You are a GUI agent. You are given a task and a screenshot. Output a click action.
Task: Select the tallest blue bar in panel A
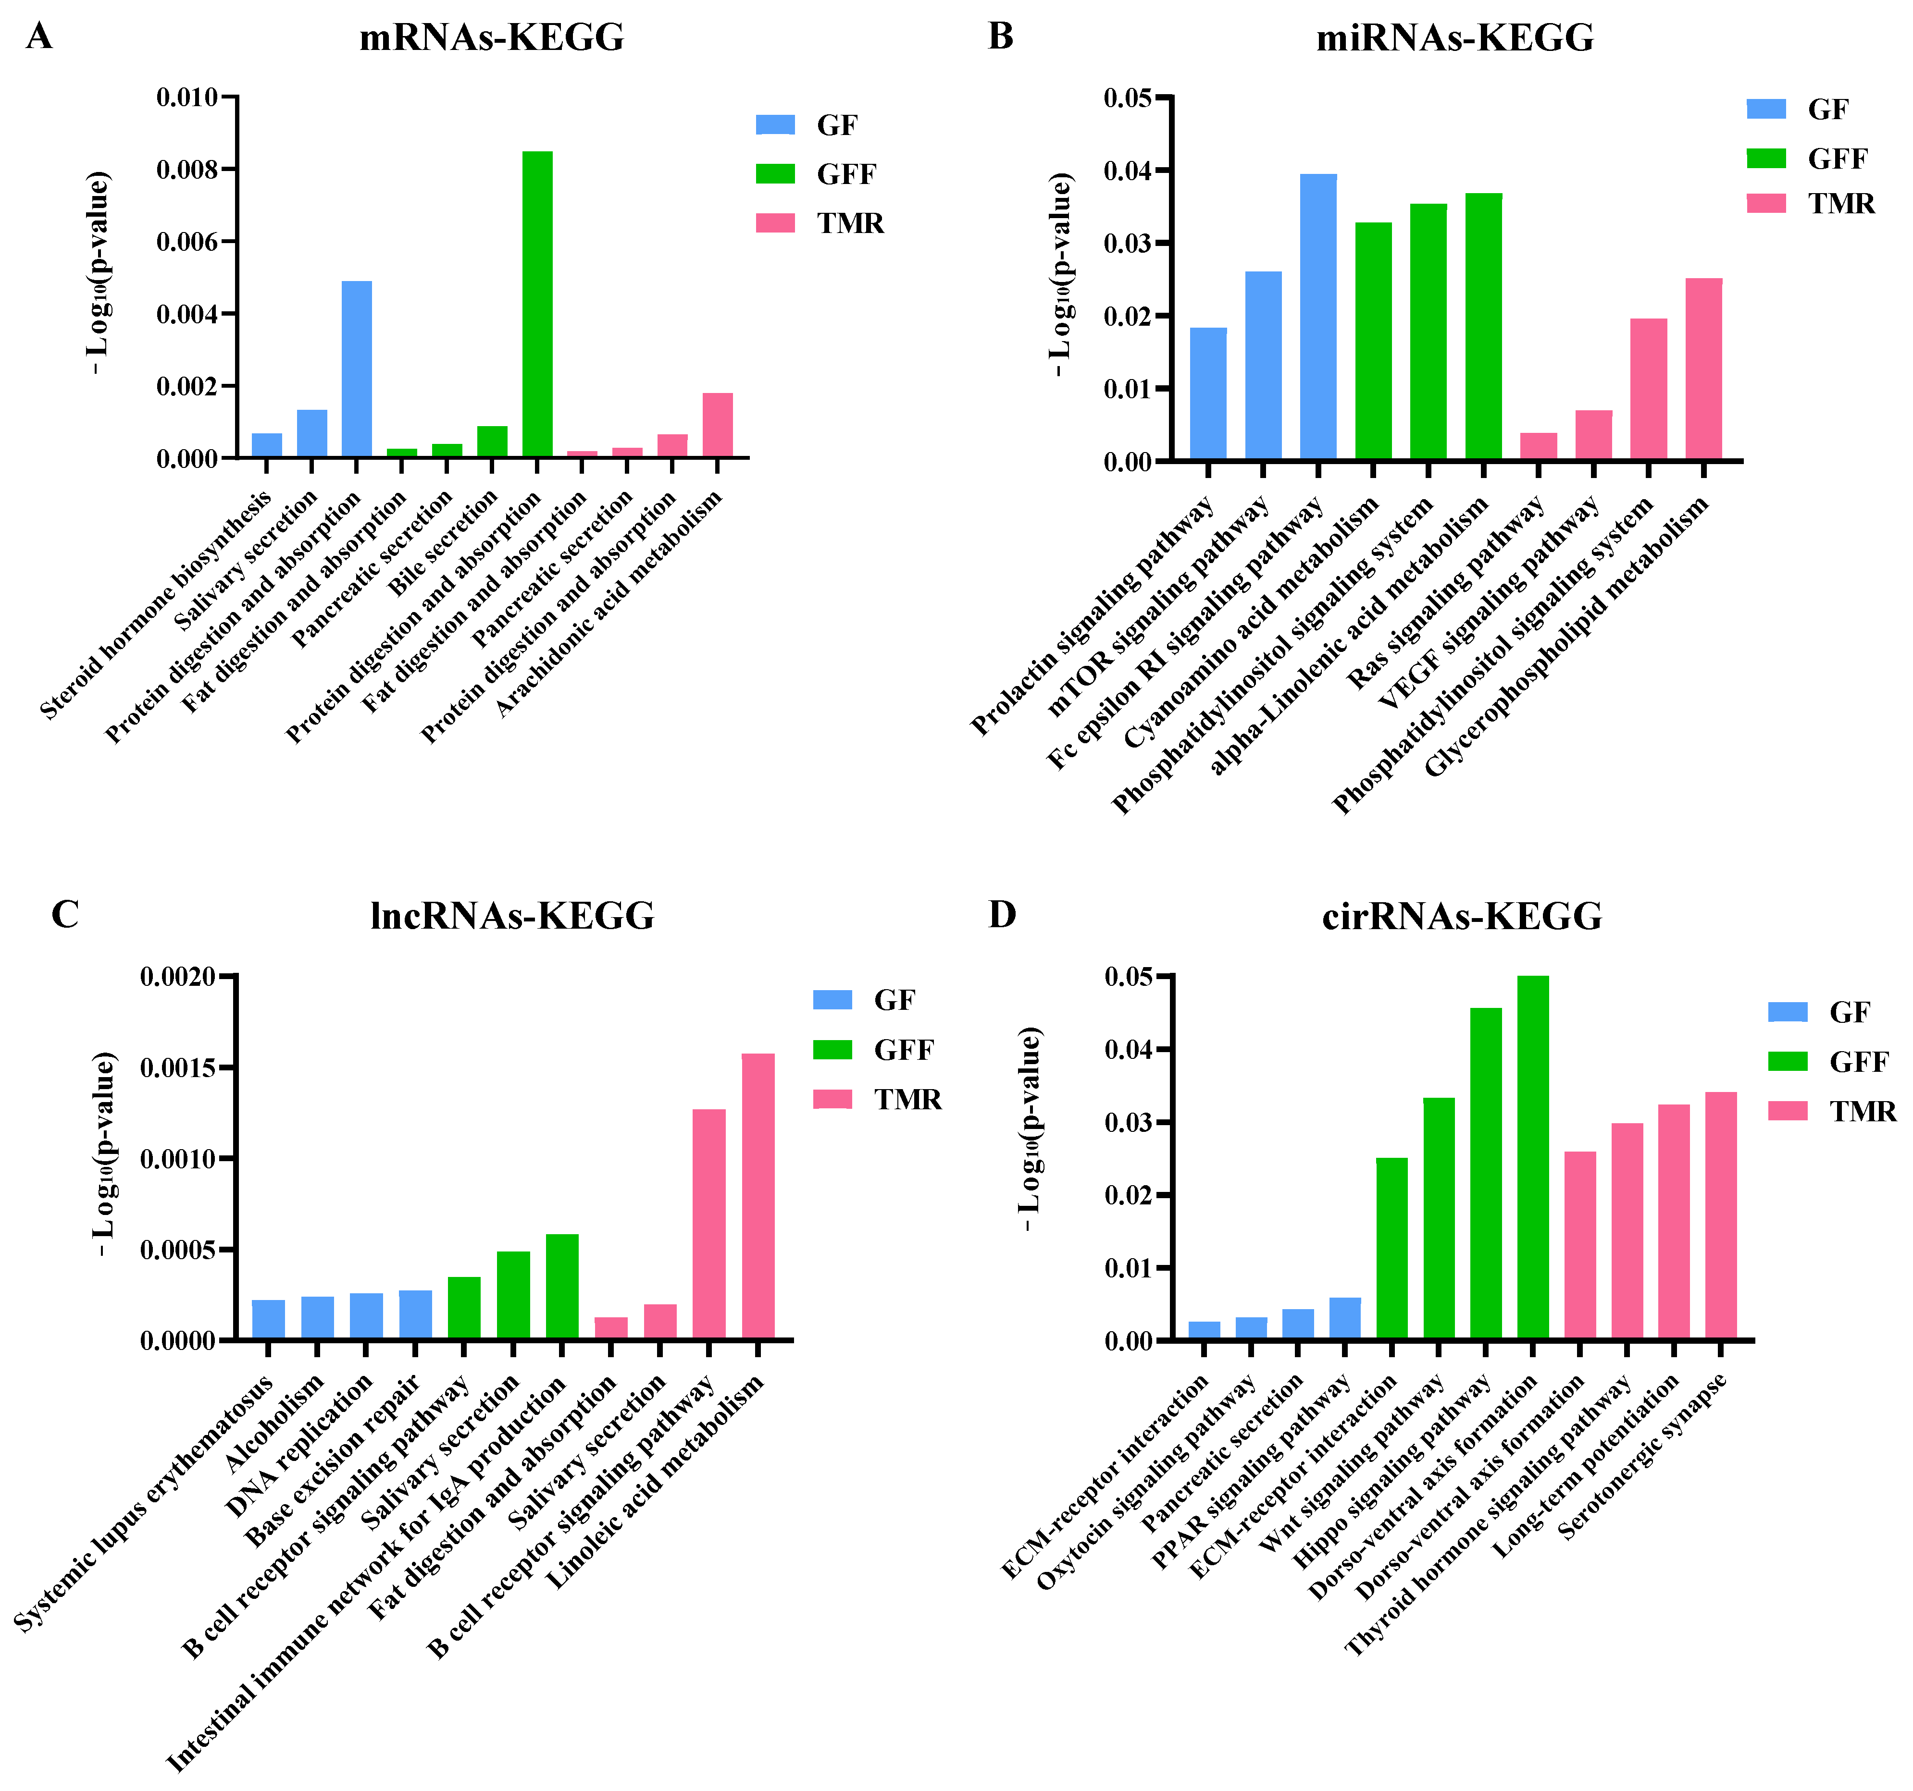coord(356,368)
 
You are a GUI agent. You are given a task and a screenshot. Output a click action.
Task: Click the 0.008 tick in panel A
coord(187,169)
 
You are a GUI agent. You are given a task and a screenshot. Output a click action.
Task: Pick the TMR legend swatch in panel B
coord(1766,203)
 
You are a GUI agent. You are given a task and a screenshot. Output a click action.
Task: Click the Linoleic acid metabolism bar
coord(758,1196)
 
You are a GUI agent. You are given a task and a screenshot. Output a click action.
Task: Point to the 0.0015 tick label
coord(178,1067)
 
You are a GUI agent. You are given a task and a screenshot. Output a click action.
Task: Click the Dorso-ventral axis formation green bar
coord(1533,1157)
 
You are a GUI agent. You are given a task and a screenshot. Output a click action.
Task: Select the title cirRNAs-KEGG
coord(1462,916)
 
